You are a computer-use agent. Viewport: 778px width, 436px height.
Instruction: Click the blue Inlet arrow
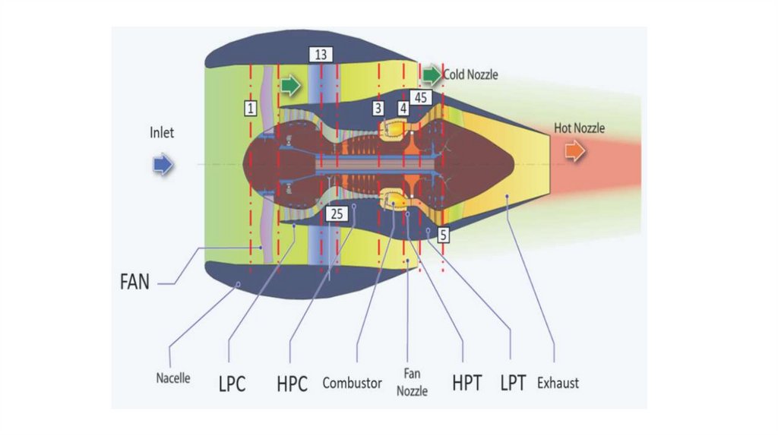pos(163,164)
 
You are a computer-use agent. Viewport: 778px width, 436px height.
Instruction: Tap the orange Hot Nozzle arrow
pos(574,151)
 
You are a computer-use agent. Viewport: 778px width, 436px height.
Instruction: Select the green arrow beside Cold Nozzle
pos(432,74)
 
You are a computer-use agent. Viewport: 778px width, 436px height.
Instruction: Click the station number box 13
pos(321,55)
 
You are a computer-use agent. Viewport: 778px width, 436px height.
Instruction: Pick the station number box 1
pos(250,107)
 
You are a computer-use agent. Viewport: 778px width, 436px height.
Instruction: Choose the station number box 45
pos(421,97)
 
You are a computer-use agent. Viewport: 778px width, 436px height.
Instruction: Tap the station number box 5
pos(444,234)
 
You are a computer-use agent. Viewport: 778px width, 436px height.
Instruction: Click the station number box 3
pos(378,109)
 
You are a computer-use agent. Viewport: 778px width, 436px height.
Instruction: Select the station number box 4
pos(403,109)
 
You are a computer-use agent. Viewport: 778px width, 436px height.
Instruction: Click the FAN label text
pos(134,281)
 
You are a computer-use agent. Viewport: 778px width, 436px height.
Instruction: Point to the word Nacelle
pos(172,378)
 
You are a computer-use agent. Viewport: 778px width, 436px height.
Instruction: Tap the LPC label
pos(232,384)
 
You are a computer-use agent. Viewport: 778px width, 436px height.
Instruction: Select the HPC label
pos(292,384)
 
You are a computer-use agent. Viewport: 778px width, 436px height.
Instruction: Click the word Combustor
pos(352,383)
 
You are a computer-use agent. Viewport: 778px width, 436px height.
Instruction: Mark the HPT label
pos(466,383)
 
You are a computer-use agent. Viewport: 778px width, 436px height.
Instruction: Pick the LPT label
pos(513,383)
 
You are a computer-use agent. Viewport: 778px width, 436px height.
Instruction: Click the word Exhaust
pos(558,382)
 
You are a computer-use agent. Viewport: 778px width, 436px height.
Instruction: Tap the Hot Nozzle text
pos(579,128)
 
